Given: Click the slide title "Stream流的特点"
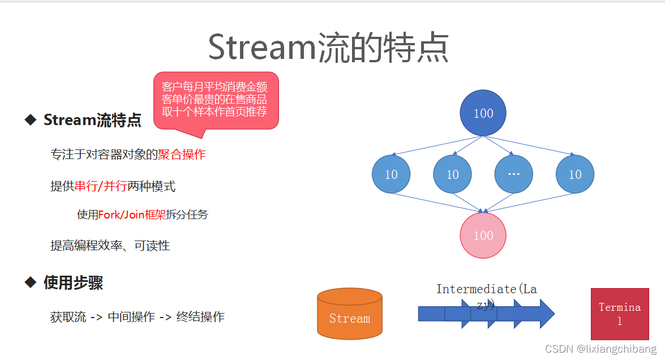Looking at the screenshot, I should click(x=328, y=48).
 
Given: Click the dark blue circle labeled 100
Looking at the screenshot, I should click(x=483, y=113).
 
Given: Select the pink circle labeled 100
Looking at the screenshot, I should click(x=483, y=235).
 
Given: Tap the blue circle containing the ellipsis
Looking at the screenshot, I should click(x=513, y=174).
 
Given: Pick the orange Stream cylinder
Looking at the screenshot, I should click(x=350, y=314).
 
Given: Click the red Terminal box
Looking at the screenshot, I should click(x=620, y=314).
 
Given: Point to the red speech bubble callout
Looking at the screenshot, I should click(x=216, y=100).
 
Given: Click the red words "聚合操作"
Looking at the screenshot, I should click(x=182, y=155).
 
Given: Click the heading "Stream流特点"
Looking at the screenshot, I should click(x=92, y=120).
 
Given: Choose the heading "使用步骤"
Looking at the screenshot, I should click(x=73, y=282).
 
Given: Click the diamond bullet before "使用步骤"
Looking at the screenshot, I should click(x=31, y=282).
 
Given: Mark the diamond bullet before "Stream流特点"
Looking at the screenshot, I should click(x=31, y=119).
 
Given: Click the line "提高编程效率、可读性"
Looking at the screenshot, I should click(x=110, y=246).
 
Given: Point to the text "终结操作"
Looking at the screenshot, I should click(x=200, y=317).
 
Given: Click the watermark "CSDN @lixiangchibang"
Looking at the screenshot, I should click(x=600, y=349).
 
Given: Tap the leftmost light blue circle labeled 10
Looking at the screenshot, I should click(x=391, y=174).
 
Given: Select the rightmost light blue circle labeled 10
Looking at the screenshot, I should click(x=574, y=174).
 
